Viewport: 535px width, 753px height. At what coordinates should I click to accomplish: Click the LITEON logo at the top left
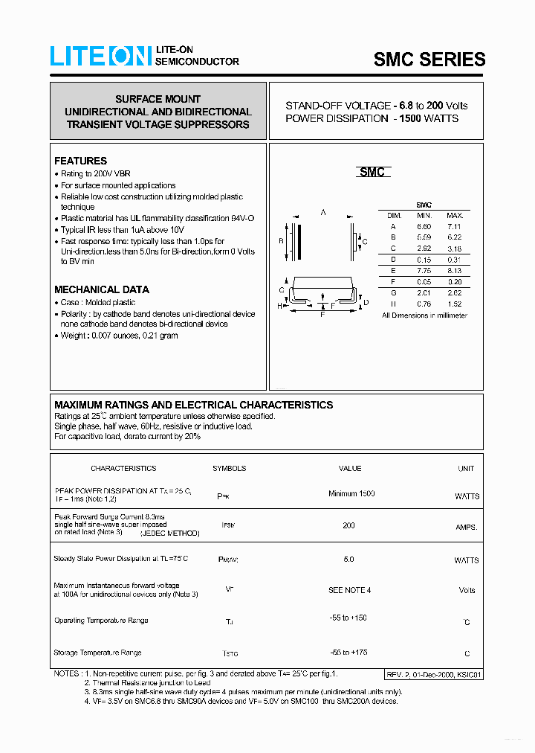[x=100, y=57]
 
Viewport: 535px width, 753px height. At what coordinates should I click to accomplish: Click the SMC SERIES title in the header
[x=429, y=60]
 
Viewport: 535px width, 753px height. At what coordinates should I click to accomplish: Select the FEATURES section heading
[x=80, y=161]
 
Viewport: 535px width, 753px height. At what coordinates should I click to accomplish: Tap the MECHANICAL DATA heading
[x=101, y=289]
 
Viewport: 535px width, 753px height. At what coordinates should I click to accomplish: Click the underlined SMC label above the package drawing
[x=372, y=172]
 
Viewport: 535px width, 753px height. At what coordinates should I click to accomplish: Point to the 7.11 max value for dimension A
[x=454, y=226]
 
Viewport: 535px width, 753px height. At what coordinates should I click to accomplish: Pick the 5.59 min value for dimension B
[x=424, y=237]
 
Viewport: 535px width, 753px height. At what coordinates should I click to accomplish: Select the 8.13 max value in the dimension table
[x=454, y=271]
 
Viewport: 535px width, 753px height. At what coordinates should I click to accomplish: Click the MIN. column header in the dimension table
[x=424, y=215]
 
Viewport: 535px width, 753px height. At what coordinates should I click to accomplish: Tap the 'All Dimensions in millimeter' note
[x=424, y=315]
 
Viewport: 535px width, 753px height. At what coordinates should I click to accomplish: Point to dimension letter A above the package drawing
[x=323, y=213]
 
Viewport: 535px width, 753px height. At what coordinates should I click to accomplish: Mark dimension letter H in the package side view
[x=280, y=306]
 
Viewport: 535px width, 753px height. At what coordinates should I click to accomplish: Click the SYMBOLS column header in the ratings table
[x=229, y=469]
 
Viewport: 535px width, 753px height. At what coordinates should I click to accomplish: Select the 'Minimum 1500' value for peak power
[x=351, y=494]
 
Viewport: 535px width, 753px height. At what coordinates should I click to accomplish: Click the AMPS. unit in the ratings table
[x=467, y=527]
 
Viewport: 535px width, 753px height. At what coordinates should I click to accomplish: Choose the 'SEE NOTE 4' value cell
[x=349, y=590]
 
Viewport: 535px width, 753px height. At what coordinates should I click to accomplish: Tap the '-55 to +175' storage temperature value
[x=348, y=652]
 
